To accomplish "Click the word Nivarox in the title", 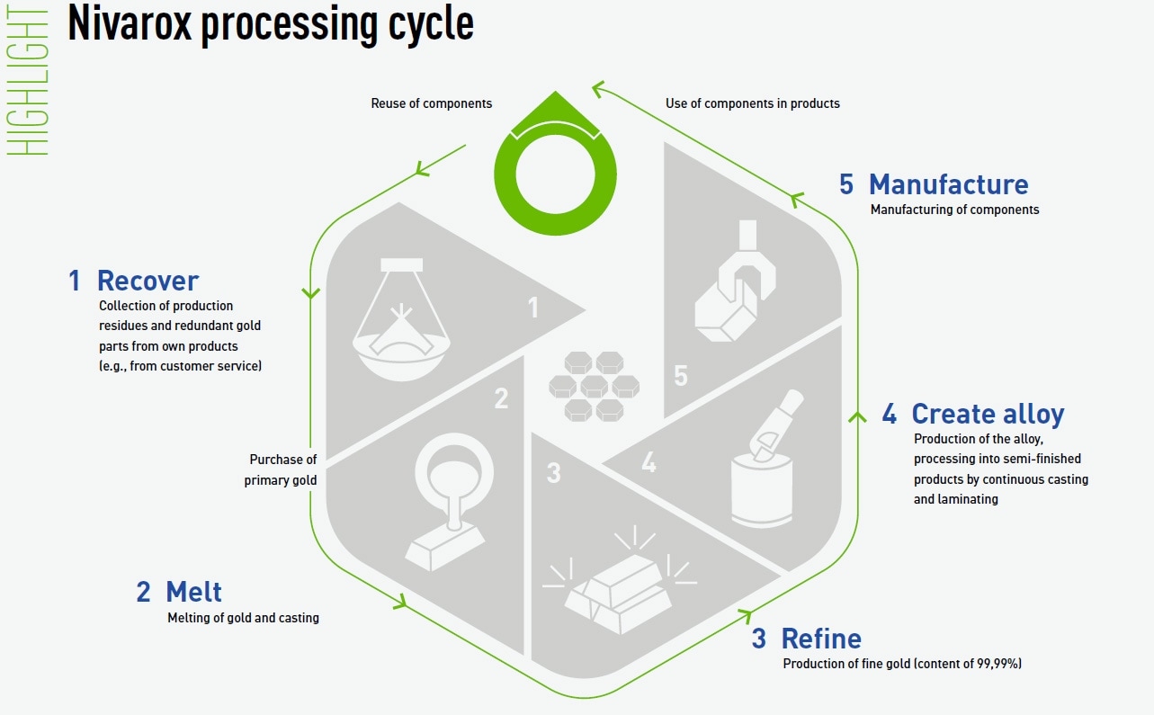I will click(129, 24).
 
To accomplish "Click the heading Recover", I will click(148, 281).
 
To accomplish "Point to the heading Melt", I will click(193, 592).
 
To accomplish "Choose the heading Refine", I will click(820, 639).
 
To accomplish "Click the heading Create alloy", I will click(987, 414).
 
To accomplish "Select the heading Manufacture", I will click(948, 184).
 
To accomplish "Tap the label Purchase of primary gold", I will click(282, 470).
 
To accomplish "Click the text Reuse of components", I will click(432, 103).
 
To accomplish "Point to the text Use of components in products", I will click(752, 103).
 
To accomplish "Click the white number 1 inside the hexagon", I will click(532, 308).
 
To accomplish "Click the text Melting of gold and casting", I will click(243, 618).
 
